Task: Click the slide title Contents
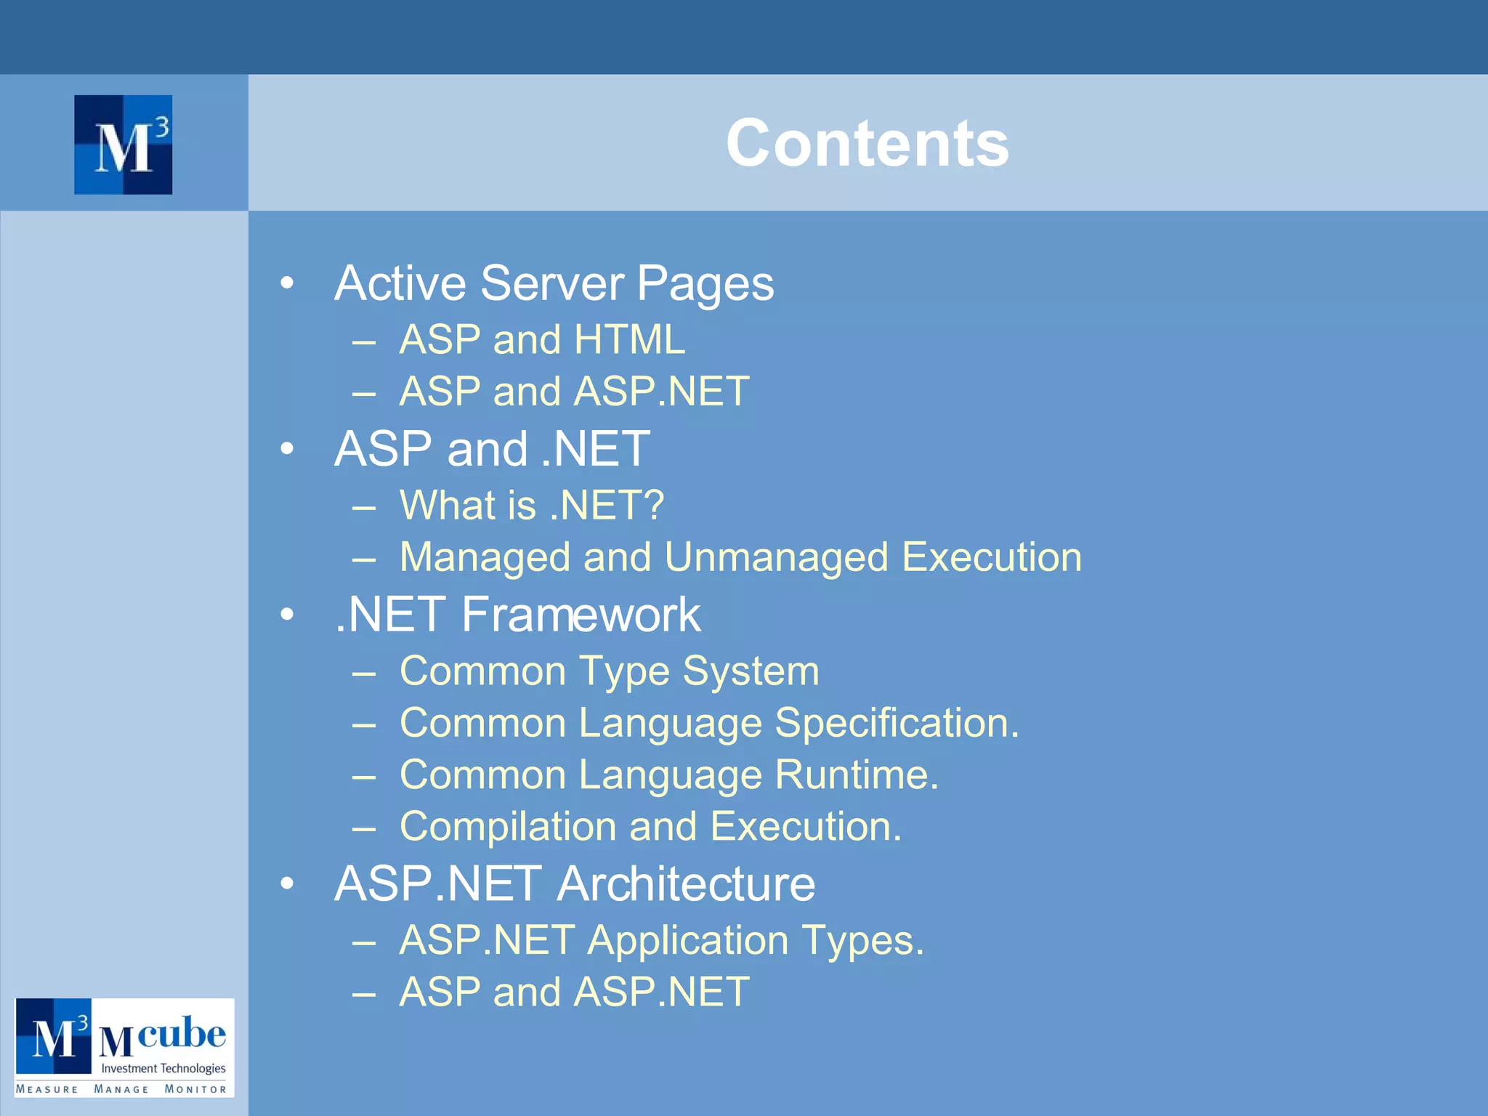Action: pos(867,143)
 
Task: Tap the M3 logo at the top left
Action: pos(124,145)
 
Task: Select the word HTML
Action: pos(629,339)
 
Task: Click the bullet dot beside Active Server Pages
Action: pos(288,283)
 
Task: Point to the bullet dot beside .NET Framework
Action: pos(288,615)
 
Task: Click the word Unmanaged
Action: pos(776,557)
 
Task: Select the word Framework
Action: pos(581,615)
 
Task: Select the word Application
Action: pos(688,940)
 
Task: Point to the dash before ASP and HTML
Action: pos(363,341)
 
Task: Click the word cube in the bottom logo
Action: pos(181,1032)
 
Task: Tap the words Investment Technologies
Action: pos(163,1068)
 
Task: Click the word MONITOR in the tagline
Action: pos(195,1089)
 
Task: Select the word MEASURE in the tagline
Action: pos(47,1089)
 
